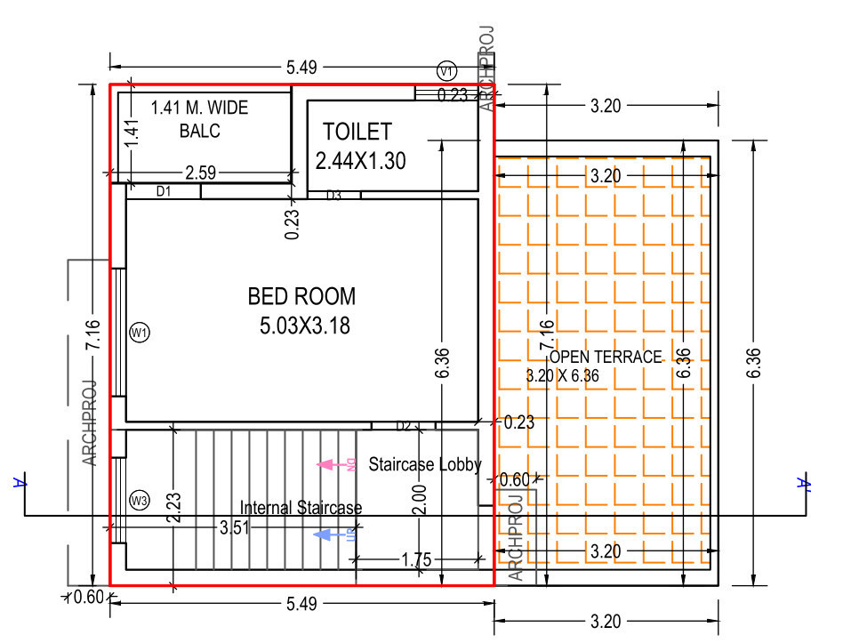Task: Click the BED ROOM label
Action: (301, 296)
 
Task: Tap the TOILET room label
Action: (357, 132)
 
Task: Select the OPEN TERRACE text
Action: (606, 358)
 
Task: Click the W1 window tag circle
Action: (140, 333)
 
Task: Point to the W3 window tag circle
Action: (140, 500)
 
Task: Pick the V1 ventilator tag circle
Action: (446, 70)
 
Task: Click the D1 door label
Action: (164, 190)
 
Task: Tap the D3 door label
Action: (333, 196)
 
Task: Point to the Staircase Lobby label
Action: (425, 464)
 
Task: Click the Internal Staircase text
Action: (301, 508)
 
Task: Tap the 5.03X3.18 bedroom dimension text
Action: (305, 326)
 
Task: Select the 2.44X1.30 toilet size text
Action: (360, 160)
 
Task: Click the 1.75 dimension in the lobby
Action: (416, 559)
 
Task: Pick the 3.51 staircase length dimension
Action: (234, 526)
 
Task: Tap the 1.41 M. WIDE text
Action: (199, 108)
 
